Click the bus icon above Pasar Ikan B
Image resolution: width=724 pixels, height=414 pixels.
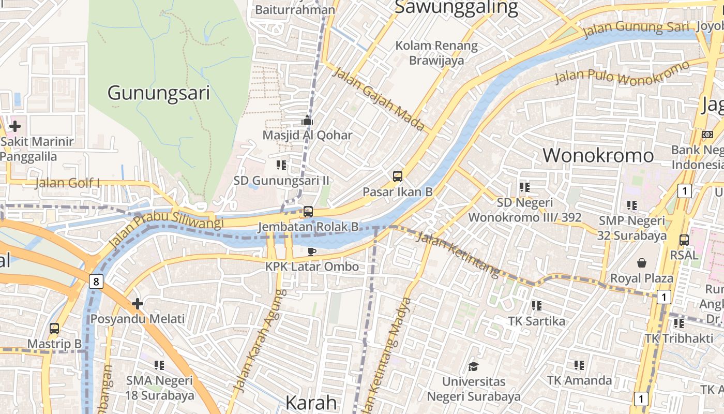pyautogui.click(x=397, y=176)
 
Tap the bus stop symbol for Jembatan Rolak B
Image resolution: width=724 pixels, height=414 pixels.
pyautogui.click(x=308, y=212)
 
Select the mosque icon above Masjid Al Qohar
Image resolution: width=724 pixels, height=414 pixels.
pyautogui.click(x=307, y=121)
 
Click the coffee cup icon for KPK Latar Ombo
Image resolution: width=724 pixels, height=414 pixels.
pyautogui.click(x=311, y=252)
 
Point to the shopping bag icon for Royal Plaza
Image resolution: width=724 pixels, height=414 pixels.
pyautogui.click(x=642, y=263)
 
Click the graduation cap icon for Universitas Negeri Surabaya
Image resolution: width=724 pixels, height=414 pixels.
pyautogui.click(x=473, y=366)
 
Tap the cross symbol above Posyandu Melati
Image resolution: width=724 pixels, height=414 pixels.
pyautogui.click(x=137, y=303)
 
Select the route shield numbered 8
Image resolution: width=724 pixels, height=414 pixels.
pyautogui.click(x=96, y=282)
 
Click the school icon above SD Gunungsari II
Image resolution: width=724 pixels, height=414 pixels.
pyautogui.click(x=281, y=165)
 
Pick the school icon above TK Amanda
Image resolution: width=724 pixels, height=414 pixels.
pyautogui.click(x=579, y=365)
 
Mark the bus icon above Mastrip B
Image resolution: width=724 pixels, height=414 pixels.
pyautogui.click(x=54, y=328)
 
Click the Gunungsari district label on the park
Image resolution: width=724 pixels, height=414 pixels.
pyautogui.click(x=158, y=93)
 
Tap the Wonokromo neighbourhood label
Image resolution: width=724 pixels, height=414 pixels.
pyautogui.click(x=598, y=155)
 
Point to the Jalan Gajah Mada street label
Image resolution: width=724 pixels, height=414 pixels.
pyautogui.click(x=378, y=98)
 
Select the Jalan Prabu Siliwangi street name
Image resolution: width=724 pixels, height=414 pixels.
pyautogui.click(x=167, y=228)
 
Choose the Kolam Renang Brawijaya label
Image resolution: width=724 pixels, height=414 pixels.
pyautogui.click(x=436, y=53)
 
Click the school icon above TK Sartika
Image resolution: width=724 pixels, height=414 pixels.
pyautogui.click(x=536, y=306)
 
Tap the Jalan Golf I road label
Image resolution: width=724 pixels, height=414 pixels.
pyautogui.click(x=67, y=183)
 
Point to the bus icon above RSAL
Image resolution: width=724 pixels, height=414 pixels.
pyautogui.click(x=684, y=240)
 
